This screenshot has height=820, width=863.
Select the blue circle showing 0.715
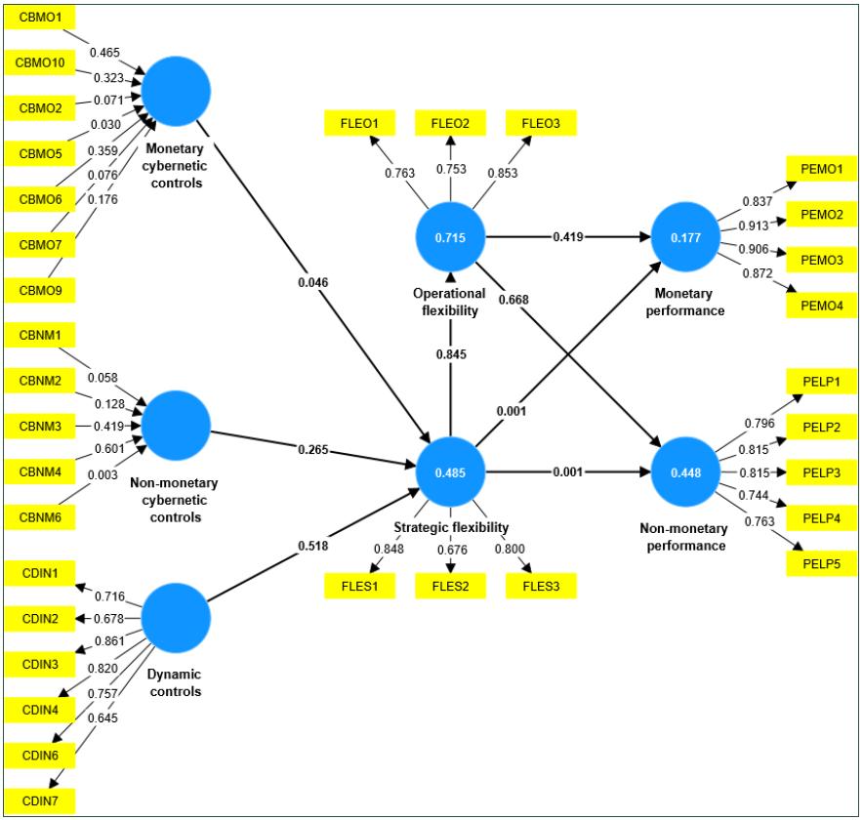tap(450, 237)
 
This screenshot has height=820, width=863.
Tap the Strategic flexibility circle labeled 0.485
tap(450, 472)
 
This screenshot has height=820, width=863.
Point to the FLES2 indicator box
tap(450, 586)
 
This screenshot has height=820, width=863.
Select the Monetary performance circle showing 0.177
tap(684, 237)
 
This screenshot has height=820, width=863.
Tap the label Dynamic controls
tap(176, 684)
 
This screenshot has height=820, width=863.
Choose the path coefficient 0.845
tap(450, 354)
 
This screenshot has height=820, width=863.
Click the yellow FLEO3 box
tap(541, 123)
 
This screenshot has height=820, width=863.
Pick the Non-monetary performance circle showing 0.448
tap(684, 472)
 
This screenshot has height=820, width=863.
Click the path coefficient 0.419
tap(569, 237)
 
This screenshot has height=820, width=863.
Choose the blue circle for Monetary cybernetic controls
tap(176, 90)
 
